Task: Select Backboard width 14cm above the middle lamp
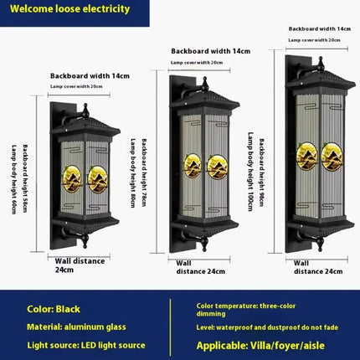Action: point(210,51)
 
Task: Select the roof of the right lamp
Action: point(321,77)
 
